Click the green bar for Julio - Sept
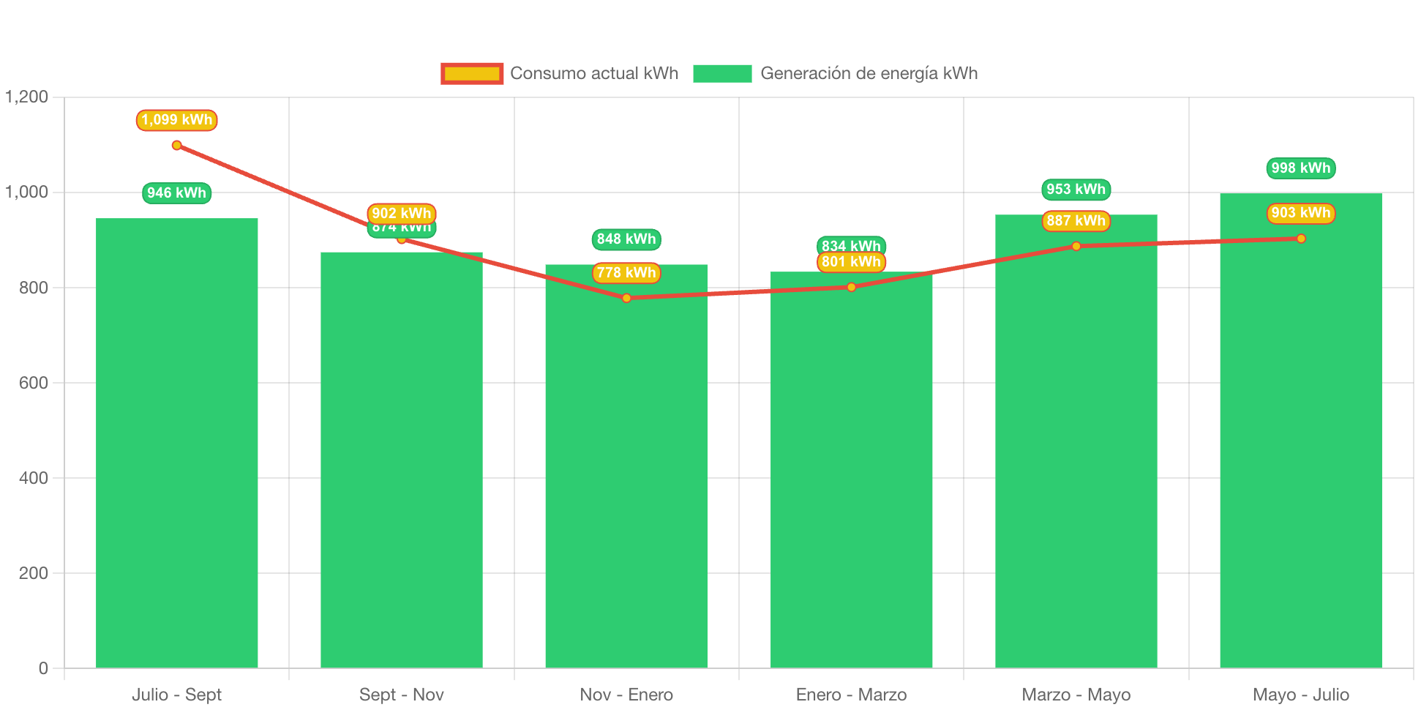click(x=176, y=443)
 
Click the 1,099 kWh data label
click(x=176, y=120)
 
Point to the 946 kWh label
click(x=176, y=193)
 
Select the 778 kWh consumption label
click(x=626, y=273)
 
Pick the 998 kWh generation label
click(x=1300, y=168)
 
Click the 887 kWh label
click(x=1076, y=221)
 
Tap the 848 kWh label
click(x=626, y=239)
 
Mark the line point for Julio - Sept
click(x=176, y=146)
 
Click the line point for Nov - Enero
click(x=626, y=298)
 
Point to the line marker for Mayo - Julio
click(x=1300, y=239)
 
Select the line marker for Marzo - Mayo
click(x=1076, y=246)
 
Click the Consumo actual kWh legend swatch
click(x=472, y=73)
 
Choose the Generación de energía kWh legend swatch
click(x=722, y=73)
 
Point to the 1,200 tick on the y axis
click(x=27, y=97)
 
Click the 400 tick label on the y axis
click(x=34, y=478)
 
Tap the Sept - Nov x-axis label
click(x=401, y=695)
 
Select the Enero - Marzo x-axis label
click(x=851, y=695)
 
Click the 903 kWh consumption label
click(x=1300, y=213)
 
